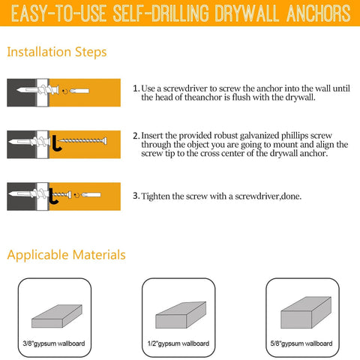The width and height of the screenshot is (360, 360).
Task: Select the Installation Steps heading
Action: click(56, 52)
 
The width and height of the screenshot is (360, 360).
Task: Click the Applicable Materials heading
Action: click(66, 255)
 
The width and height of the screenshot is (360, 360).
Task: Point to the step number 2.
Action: click(135, 136)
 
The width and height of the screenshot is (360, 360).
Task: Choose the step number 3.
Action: click(135, 196)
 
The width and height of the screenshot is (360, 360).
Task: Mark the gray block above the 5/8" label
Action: click(303, 307)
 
